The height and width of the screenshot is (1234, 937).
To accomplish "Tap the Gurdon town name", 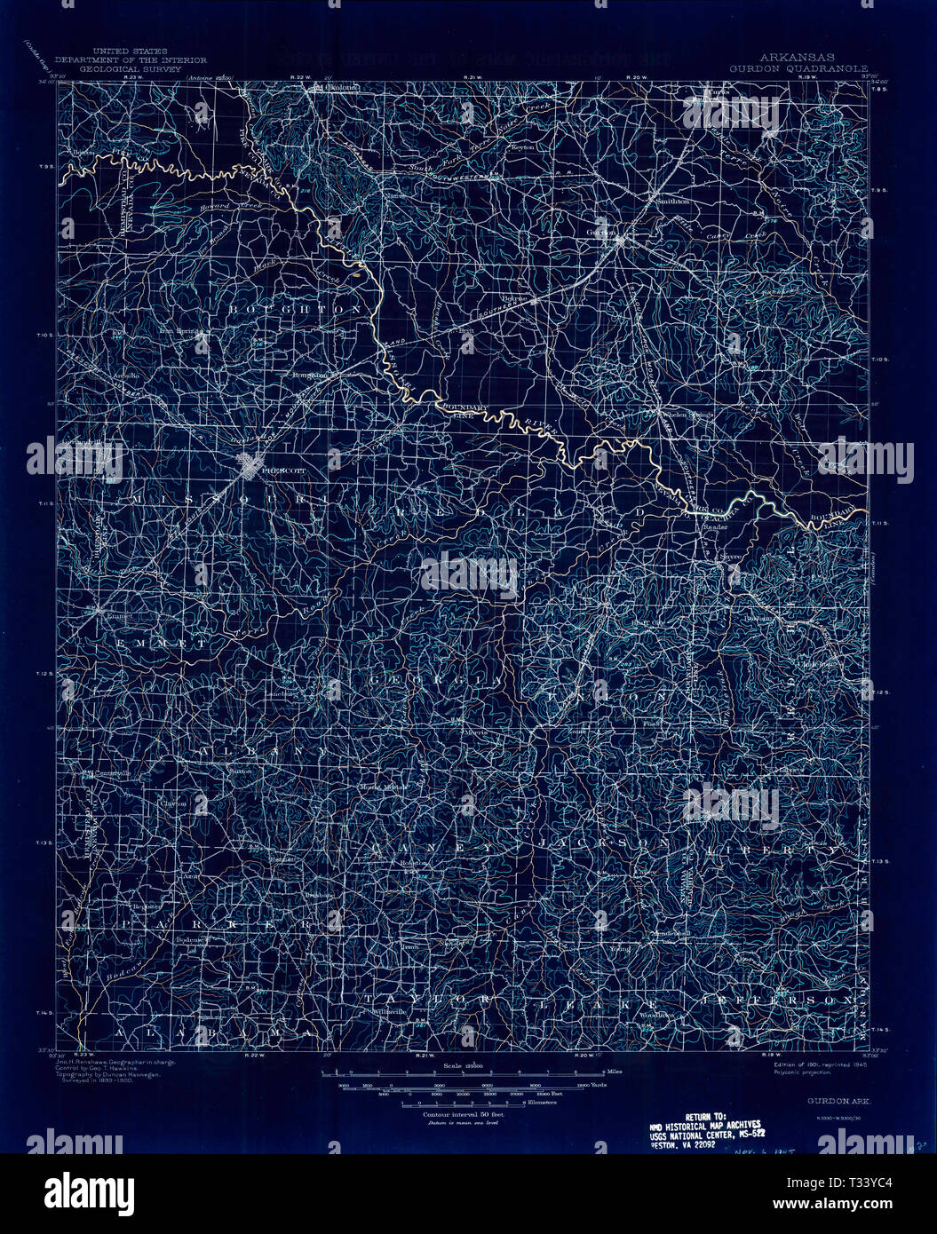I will coord(601,233).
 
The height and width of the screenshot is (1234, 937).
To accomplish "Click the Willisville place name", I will coord(390,1011).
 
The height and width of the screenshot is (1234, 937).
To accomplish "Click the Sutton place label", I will coord(241,771).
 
